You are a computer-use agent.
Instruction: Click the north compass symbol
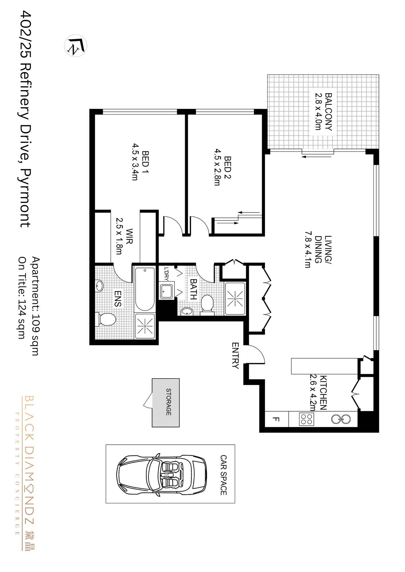tap(76, 46)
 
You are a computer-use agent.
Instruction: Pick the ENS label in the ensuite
tap(118, 299)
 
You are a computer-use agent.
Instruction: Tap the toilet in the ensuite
tap(105, 319)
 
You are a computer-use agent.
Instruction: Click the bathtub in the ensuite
tap(145, 289)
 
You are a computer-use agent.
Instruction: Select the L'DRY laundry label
tap(166, 274)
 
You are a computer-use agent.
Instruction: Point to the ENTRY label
tap(235, 356)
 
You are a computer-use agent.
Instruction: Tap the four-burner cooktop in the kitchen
tap(306, 419)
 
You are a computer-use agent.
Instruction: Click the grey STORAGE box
tap(166, 403)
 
